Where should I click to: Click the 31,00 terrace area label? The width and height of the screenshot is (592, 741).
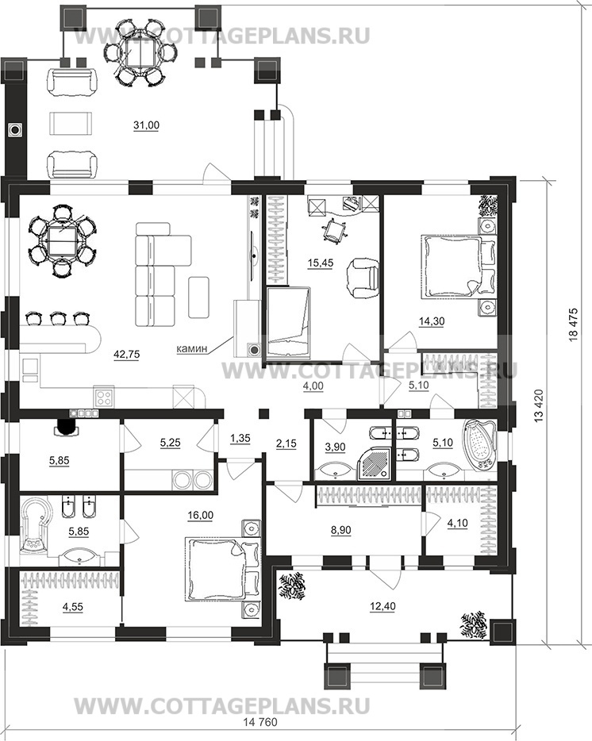[146, 125]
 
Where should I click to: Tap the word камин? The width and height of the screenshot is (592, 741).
[191, 349]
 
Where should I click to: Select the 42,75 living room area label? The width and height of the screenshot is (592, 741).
[127, 355]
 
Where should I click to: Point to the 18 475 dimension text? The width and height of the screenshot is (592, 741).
[574, 324]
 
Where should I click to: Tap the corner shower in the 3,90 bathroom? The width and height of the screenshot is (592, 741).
[375, 463]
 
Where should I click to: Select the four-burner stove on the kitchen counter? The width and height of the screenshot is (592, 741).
[105, 397]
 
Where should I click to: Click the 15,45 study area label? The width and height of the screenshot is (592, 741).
[320, 263]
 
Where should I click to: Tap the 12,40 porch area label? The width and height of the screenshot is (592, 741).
[383, 606]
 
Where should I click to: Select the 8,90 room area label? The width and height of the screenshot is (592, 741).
[340, 531]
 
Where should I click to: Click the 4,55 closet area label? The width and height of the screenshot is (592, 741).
[72, 607]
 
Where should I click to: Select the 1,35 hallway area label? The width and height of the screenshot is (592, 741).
[240, 439]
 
